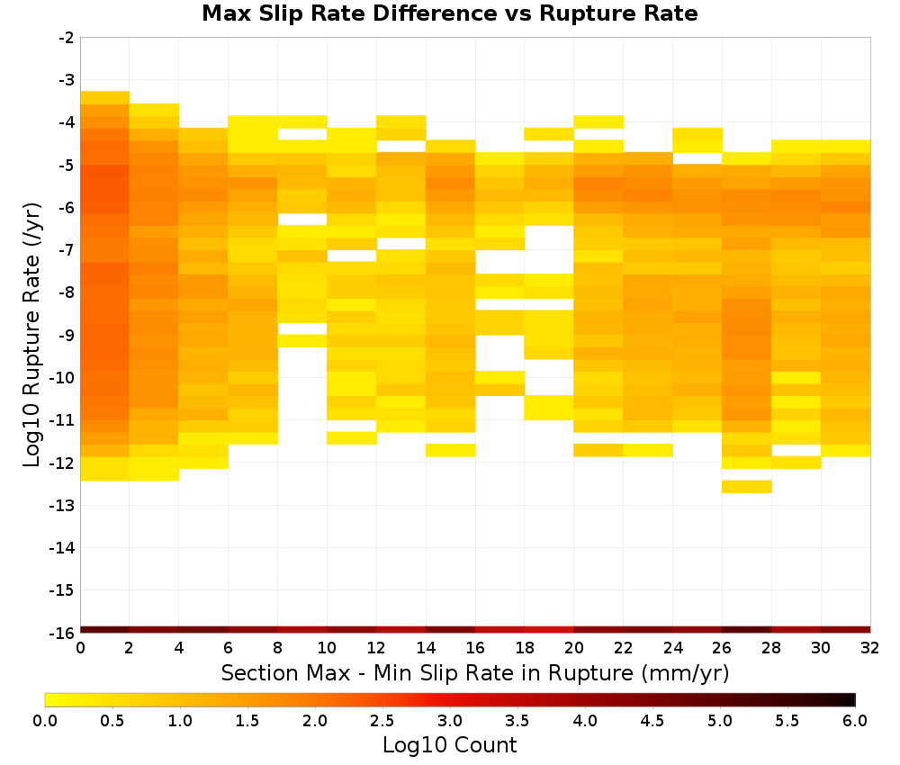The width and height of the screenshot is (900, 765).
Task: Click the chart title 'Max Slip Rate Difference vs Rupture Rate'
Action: tap(449, 13)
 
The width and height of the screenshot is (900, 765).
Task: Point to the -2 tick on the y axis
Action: tap(67, 38)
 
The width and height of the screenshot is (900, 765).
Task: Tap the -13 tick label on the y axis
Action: tap(63, 506)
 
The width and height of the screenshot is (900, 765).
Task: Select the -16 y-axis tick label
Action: tap(63, 633)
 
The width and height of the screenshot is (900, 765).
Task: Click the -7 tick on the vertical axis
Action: tap(67, 250)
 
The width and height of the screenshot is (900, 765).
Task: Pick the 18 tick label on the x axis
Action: tap(525, 648)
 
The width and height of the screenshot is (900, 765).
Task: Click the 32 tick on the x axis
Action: tap(870, 648)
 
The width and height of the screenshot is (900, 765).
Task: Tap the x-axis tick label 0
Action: tap(80, 648)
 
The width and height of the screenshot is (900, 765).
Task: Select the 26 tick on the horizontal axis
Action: tap(722, 648)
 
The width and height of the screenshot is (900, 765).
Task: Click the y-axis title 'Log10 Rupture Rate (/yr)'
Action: tap(32, 335)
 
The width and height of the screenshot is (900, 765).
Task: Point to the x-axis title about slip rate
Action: tap(475, 672)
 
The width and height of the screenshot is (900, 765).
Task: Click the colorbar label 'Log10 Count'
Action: tap(449, 745)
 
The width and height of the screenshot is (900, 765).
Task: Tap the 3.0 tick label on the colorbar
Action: tap(450, 721)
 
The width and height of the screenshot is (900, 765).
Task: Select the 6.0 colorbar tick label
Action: tap(855, 721)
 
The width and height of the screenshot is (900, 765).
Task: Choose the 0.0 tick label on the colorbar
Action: tap(45, 721)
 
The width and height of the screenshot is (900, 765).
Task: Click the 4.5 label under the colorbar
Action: tap(652, 721)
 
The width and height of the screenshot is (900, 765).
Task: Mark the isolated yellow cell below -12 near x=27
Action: tap(746, 487)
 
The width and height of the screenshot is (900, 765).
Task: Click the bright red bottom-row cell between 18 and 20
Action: tap(549, 630)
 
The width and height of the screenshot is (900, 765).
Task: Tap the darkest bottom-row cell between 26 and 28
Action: tap(746, 630)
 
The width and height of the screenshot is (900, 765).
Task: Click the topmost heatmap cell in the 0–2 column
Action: tap(105, 97)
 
